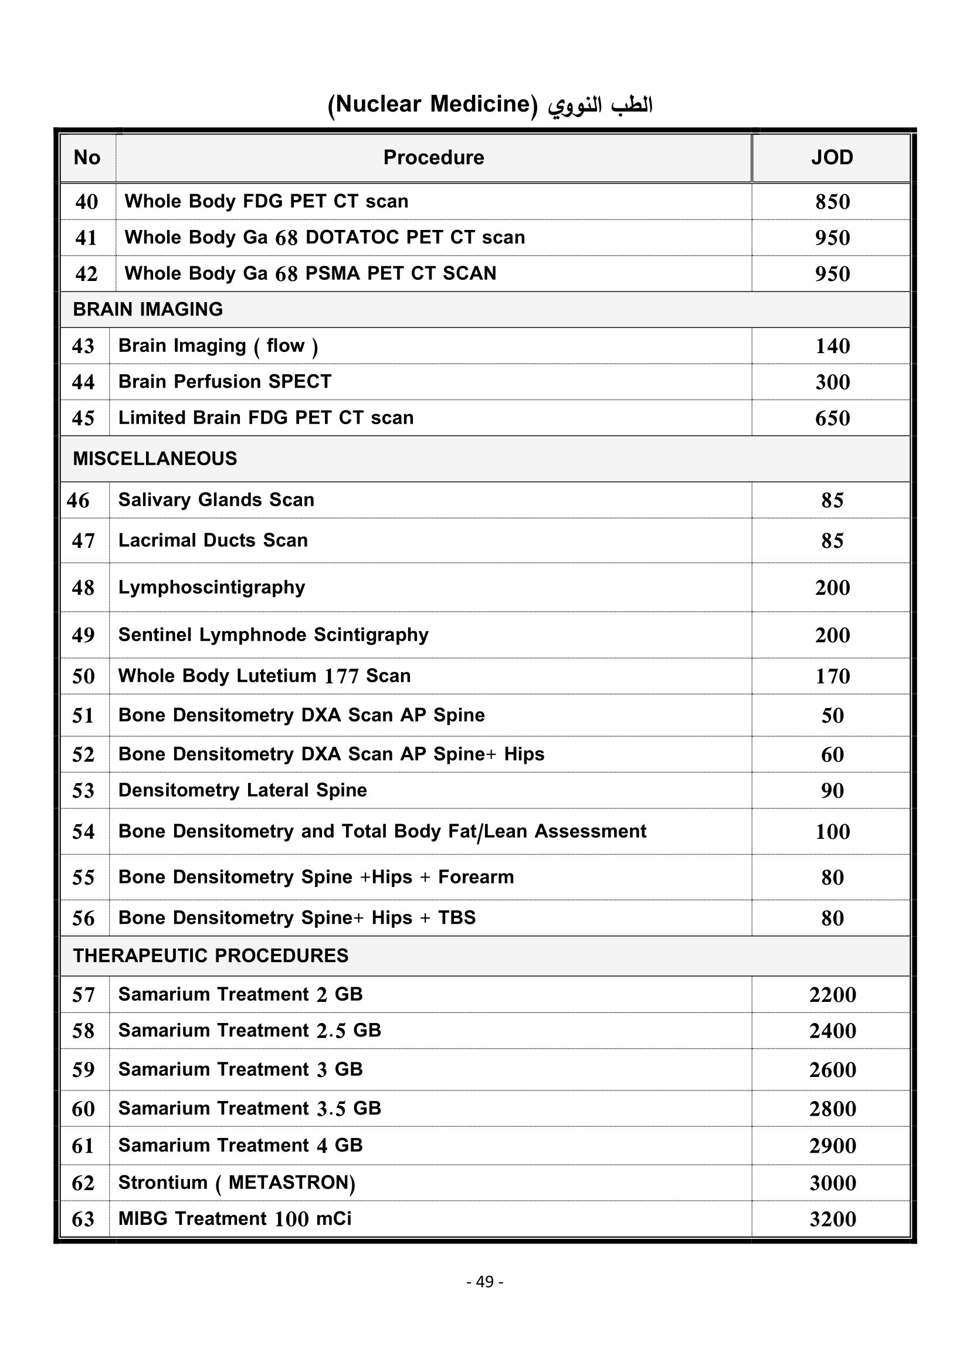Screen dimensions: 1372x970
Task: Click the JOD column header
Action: (x=832, y=158)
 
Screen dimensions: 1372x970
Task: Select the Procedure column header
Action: (x=433, y=158)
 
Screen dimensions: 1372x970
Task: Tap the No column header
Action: (x=87, y=158)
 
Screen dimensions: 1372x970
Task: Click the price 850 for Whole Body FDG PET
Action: (x=832, y=202)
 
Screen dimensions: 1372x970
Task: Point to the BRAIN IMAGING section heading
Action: (x=148, y=310)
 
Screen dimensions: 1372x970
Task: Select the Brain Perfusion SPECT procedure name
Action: (x=225, y=382)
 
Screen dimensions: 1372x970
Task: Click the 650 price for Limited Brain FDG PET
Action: (x=832, y=418)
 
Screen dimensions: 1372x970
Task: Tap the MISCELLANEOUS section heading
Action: (x=155, y=459)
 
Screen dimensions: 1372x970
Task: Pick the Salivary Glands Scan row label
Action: (x=216, y=500)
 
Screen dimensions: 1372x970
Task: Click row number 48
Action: (x=83, y=588)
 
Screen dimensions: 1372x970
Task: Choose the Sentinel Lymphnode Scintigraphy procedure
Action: (x=273, y=635)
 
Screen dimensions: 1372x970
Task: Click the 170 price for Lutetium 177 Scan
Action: (x=832, y=676)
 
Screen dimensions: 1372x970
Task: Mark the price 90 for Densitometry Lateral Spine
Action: (x=832, y=791)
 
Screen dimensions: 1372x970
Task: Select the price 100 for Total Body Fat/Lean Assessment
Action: (x=832, y=832)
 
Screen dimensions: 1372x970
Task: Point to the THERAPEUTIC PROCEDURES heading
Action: (x=211, y=956)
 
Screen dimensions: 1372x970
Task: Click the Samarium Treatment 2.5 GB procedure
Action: (x=249, y=1031)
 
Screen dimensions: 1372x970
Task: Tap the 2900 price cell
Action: (x=832, y=1146)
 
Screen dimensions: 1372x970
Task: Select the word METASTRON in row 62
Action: (x=291, y=1183)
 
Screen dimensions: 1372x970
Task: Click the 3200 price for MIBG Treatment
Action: (x=832, y=1219)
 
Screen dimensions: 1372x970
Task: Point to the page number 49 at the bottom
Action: (x=484, y=1282)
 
